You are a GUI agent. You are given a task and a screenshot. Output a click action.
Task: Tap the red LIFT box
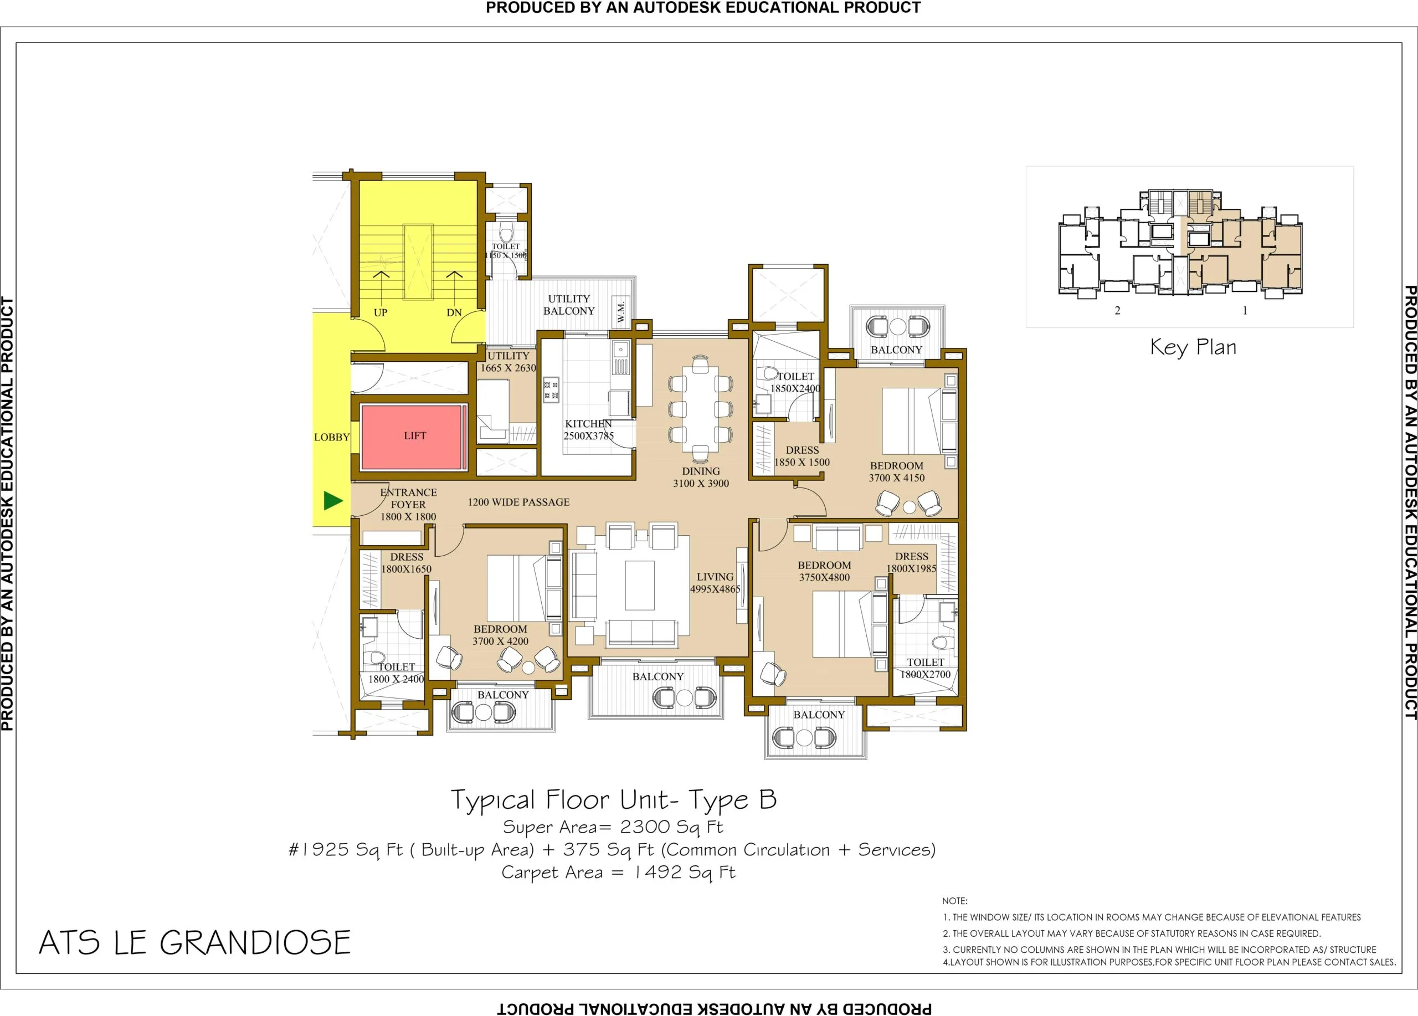414,437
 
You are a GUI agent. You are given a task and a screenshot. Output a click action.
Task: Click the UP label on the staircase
380,312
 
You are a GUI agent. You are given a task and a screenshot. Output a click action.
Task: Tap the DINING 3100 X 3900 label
701,477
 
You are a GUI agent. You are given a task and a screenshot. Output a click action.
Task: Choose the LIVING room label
715,577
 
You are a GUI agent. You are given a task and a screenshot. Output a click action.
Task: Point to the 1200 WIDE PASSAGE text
518,502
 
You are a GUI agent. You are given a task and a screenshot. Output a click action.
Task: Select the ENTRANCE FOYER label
408,499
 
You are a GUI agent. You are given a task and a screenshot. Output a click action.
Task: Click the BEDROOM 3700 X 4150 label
897,472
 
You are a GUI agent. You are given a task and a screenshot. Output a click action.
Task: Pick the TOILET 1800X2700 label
926,668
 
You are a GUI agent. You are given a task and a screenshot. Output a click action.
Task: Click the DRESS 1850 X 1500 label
802,456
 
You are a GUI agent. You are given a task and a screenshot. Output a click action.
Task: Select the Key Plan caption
1193,348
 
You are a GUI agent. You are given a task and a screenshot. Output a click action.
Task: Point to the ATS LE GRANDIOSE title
195,943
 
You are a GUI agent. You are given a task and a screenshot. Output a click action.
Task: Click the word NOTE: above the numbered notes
955,901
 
